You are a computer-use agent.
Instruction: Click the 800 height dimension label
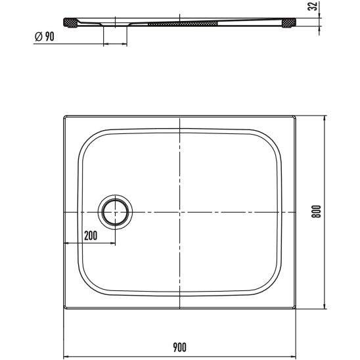[x=316, y=212]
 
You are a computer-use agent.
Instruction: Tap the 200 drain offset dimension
[x=91, y=236]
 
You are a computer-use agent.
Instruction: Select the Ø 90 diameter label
[x=45, y=36]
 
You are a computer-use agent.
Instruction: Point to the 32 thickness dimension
[x=313, y=6]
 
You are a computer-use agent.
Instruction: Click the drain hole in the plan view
[x=115, y=212]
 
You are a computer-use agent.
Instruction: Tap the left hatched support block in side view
[x=70, y=23]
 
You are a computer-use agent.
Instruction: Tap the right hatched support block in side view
[x=288, y=23]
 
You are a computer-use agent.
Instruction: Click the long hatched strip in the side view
[x=183, y=24]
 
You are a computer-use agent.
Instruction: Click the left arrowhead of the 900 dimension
[x=66, y=357]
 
